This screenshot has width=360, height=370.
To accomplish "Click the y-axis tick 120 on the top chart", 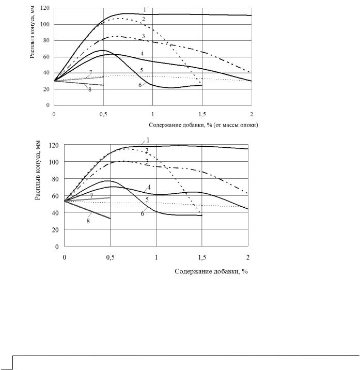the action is (x=45, y=8).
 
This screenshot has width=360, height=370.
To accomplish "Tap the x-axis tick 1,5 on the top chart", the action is (x=202, y=114).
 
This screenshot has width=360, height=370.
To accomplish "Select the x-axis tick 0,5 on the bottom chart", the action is (x=110, y=257).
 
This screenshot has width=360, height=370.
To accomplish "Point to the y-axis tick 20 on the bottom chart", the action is (x=55, y=229).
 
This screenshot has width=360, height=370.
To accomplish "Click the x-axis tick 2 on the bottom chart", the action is (x=248, y=257).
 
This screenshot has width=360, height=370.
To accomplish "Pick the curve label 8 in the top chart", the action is (x=90, y=90).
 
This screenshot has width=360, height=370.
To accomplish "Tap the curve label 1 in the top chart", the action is (x=145, y=10).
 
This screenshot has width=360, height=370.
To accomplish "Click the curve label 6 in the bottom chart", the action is (x=142, y=214).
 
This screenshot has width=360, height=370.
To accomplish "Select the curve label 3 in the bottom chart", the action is (x=147, y=161).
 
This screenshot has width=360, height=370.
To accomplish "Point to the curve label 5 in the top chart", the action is (x=142, y=70).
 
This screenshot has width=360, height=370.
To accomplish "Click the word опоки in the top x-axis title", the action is (x=249, y=125).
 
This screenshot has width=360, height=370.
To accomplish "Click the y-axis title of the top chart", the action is (x=33, y=32).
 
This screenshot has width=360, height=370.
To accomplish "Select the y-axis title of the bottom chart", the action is (x=38, y=171).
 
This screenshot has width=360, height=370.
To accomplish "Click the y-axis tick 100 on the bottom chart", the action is (x=54, y=162).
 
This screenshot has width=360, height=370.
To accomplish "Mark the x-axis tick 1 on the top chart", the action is (x=153, y=114).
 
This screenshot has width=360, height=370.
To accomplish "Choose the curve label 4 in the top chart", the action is (x=142, y=54).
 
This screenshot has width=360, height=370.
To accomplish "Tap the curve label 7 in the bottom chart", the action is (x=91, y=196).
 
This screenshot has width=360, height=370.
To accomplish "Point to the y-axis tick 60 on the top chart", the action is (x=46, y=57).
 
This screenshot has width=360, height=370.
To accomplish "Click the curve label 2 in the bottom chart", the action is (x=147, y=151).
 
